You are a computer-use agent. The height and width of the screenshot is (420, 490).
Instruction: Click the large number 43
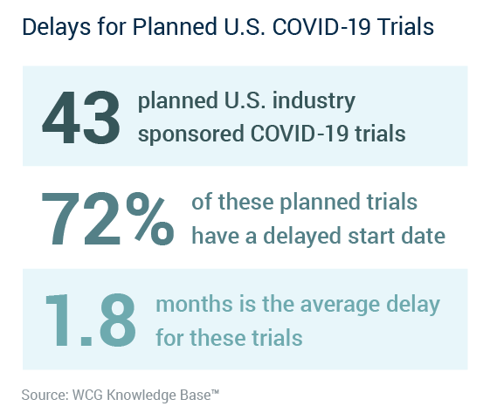coord(81,117)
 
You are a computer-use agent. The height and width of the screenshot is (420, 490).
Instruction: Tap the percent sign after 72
coord(150,219)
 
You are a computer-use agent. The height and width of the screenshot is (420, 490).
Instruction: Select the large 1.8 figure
coord(91,320)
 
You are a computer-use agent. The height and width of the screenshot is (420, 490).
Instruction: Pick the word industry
coord(314,101)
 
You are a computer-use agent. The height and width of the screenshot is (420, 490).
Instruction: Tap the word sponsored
coord(191,134)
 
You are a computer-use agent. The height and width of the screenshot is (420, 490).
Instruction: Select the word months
coord(194,304)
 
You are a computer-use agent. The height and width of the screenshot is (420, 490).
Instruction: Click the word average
coord(340,306)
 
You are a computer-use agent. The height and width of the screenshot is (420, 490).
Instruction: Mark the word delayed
coord(302,237)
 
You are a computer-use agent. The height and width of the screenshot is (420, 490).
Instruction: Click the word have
coord(215,235)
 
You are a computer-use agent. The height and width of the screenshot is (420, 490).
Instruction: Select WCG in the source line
coord(87,395)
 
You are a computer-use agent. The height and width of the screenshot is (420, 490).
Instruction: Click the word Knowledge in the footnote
coord(141,396)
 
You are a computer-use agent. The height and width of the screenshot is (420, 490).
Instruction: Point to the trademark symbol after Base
coord(215,391)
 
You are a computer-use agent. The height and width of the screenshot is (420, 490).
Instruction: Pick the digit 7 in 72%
coord(60,219)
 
